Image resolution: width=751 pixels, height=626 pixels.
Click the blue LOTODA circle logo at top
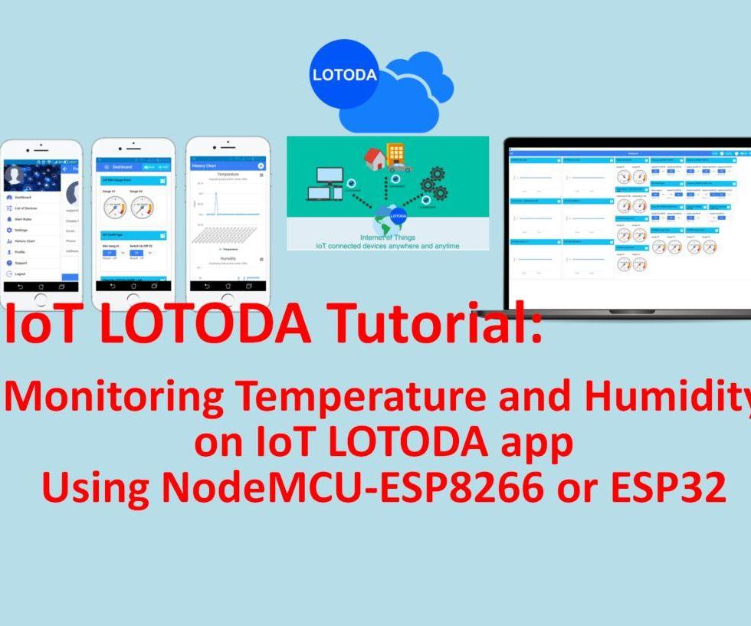click(344, 74)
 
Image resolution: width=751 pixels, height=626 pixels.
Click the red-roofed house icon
click(375, 159)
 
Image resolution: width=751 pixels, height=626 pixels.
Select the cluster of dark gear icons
click(432, 184)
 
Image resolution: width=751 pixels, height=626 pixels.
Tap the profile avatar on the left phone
click(15, 177)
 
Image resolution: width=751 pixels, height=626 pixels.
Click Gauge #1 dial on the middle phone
click(115, 207)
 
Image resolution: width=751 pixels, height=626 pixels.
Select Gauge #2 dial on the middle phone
click(142, 207)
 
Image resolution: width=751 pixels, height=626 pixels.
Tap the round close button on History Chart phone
click(261, 166)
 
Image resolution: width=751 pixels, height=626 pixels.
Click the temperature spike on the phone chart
click(216, 203)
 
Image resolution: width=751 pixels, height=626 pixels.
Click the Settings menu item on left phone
click(21, 230)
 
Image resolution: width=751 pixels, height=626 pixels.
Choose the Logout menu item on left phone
click(20, 274)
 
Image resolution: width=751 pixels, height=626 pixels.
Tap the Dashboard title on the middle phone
click(123, 166)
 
